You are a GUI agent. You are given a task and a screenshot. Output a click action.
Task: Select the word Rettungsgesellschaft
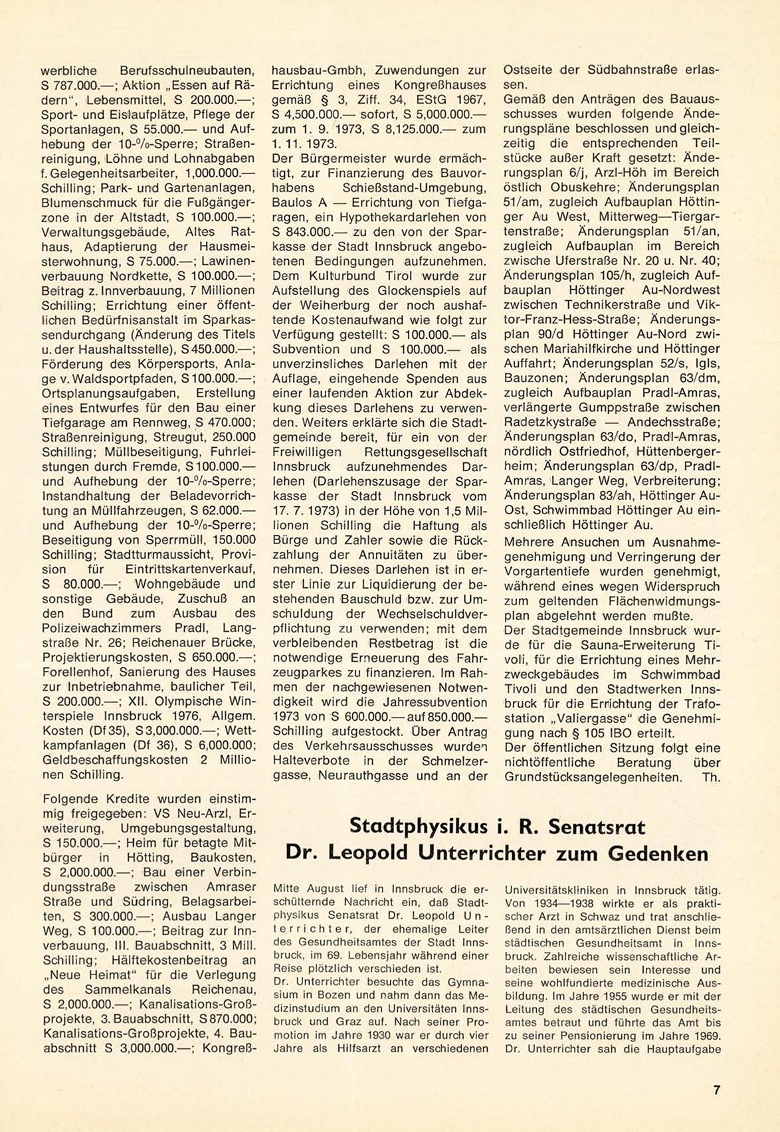tap(426, 452)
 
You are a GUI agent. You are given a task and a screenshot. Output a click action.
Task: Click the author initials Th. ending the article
tap(711, 777)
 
